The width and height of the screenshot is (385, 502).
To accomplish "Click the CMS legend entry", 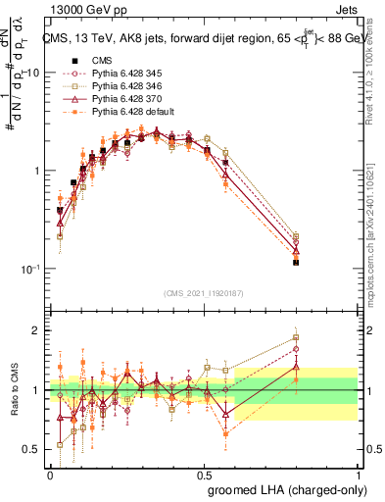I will click(100, 60).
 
